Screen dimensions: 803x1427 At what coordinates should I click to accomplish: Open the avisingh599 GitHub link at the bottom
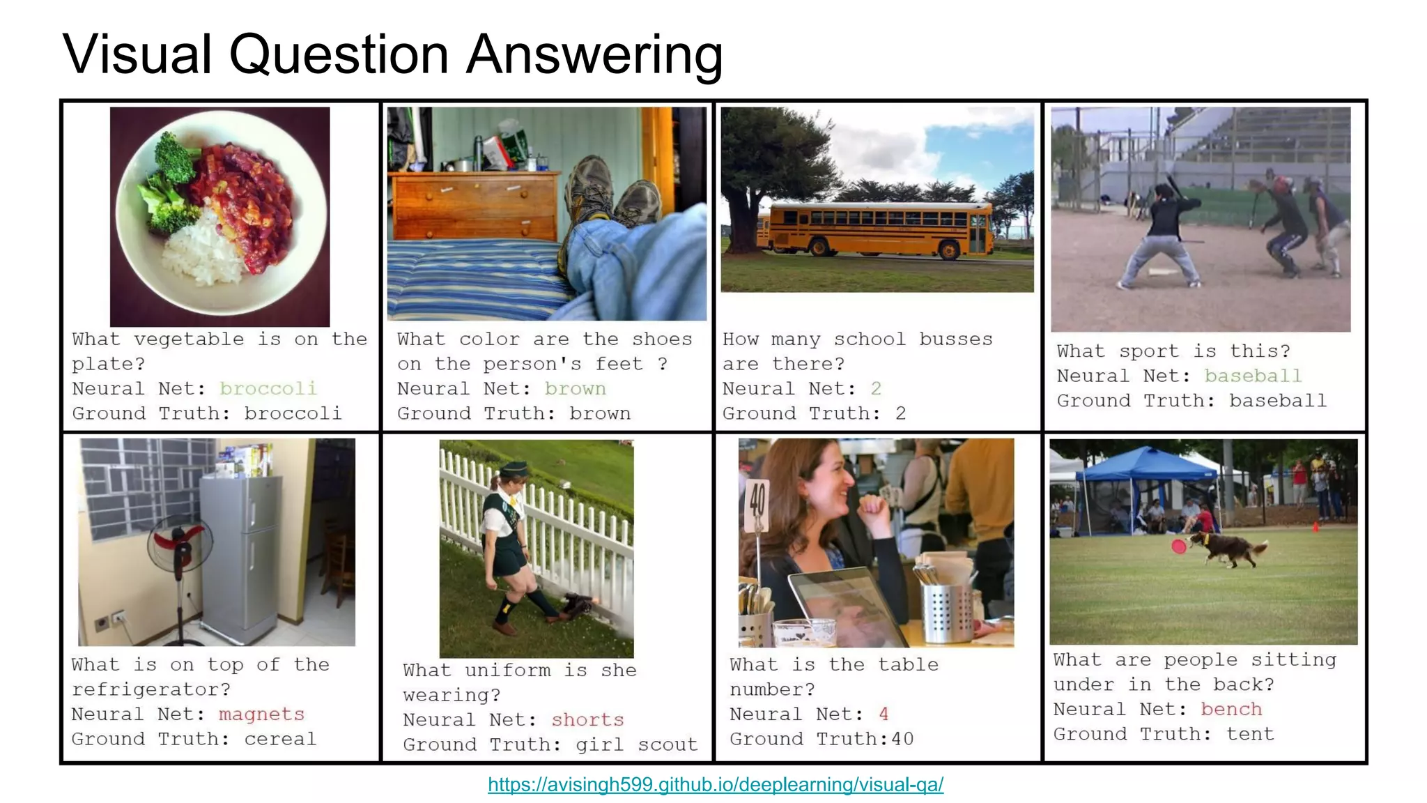point(715,785)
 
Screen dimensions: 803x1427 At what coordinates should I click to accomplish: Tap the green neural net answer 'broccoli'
point(268,388)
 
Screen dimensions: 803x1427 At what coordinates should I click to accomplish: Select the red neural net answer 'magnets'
point(261,714)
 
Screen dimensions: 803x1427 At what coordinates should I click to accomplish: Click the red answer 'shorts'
point(587,720)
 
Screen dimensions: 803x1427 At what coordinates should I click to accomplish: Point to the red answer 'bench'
point(1231,710)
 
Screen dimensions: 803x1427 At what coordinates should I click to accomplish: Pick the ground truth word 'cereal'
point(280,739)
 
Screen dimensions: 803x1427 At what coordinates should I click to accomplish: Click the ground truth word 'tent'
point(1250,734)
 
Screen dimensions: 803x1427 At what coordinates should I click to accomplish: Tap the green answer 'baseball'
point(1253,376)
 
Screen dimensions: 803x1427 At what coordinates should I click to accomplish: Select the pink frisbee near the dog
point(1178,546)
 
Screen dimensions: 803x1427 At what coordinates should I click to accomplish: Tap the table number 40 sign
point(757,503)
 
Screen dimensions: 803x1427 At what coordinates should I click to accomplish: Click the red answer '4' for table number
point(884,714)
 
